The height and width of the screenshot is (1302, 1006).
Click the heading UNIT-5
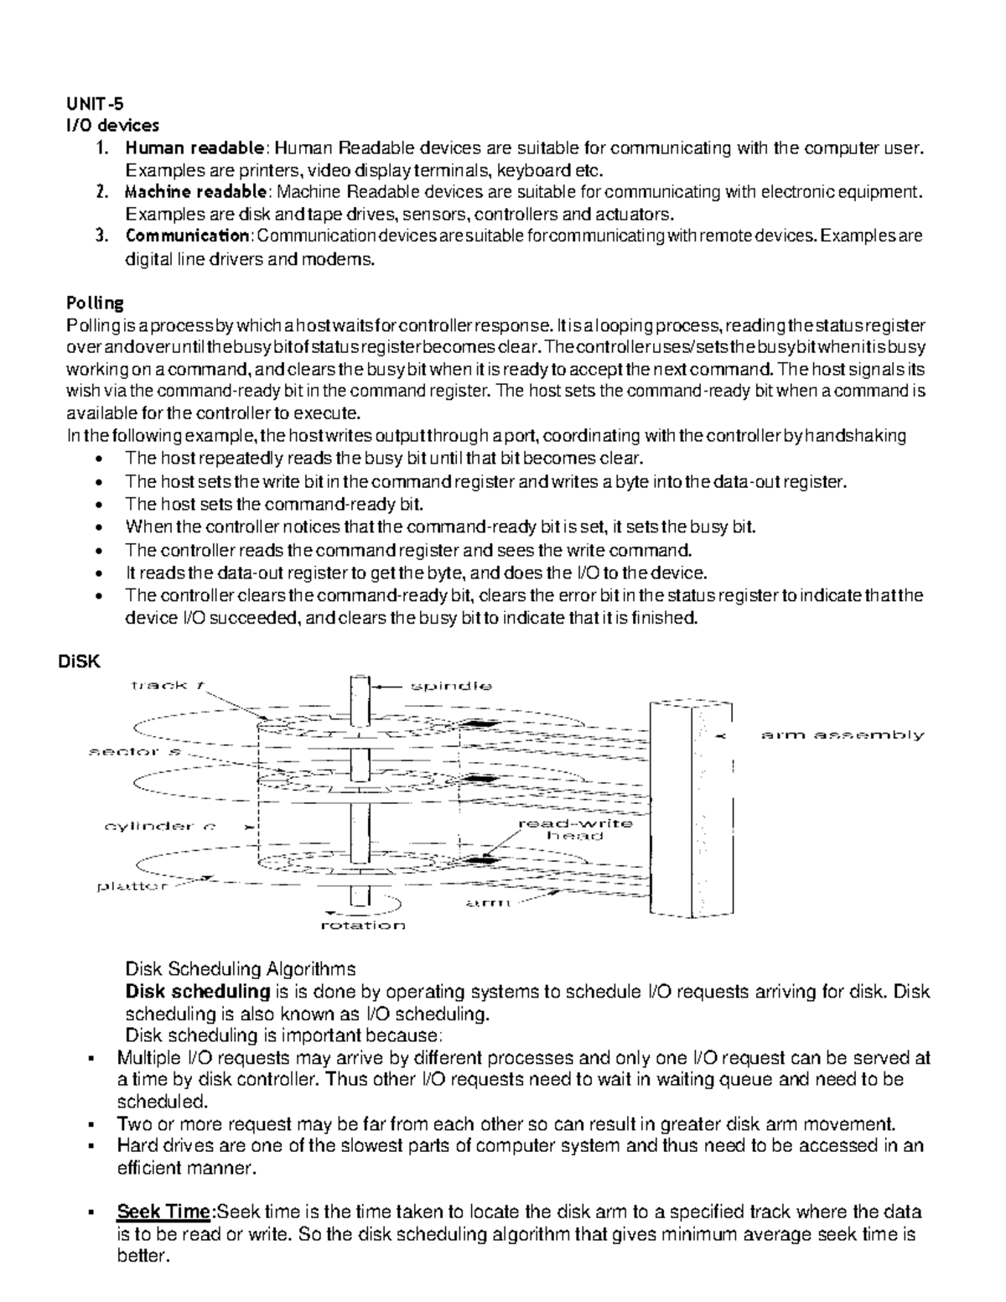coord(94,105)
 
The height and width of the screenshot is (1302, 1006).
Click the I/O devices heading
coord(111,126)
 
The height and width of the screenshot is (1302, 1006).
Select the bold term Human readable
coord(194,148)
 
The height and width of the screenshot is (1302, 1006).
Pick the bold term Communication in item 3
coord(187,236)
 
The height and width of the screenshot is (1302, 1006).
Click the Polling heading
coord(95,302)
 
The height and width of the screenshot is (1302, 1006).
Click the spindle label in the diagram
coord(450,686)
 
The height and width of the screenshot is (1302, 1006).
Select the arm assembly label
coord(842,735)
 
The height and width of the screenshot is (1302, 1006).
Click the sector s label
coord(135,752)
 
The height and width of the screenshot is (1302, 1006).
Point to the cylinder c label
coord(159,826)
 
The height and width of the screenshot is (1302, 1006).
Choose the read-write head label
coord(575,829)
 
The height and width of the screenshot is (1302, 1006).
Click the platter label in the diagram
coord(132,886)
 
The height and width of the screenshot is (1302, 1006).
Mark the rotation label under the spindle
coord(363,926)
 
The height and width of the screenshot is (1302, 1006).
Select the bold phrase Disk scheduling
coord(197,992)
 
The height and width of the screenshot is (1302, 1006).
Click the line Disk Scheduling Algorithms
coord(240,969)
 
